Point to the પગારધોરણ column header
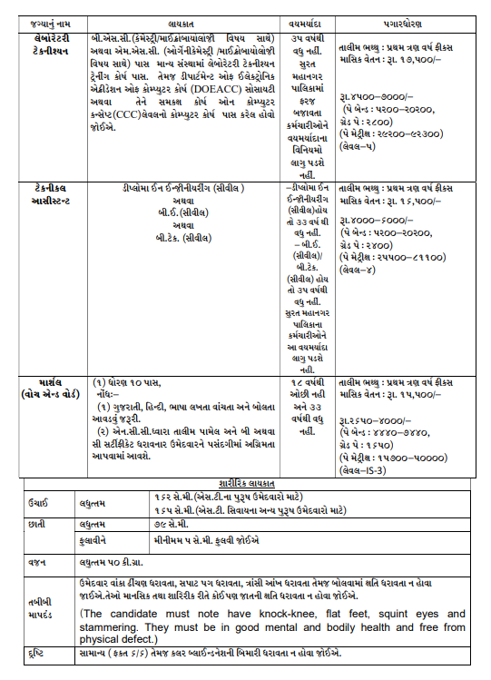tap(401, 17)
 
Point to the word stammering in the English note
tap(113, 627)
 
